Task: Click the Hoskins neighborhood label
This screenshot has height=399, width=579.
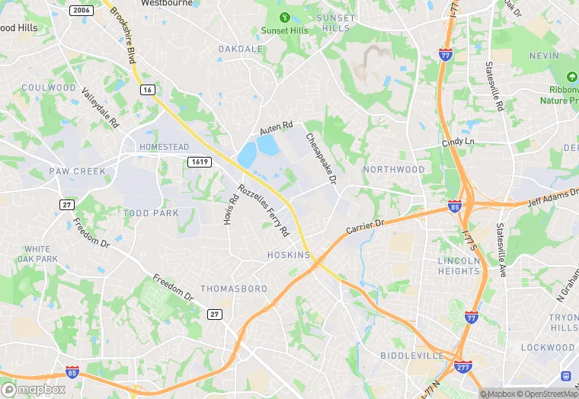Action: click(289, 255)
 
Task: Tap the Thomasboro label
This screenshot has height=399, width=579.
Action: click(234, 289)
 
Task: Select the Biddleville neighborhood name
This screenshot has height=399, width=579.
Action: click(411, 356)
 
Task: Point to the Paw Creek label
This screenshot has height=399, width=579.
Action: click(78, 171)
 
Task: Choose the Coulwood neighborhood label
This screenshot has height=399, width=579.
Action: click(49, 88)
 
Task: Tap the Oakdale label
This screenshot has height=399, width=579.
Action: click(240, 49)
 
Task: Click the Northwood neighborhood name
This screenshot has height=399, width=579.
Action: click(393, 169)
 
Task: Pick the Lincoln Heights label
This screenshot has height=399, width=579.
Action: click(459, 266)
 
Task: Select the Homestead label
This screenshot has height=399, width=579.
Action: click(164, 147)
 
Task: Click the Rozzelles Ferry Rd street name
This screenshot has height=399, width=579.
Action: click(263, 210)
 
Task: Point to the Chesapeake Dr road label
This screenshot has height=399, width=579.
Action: click(321, 159)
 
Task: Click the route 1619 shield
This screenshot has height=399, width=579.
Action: click(199, 161)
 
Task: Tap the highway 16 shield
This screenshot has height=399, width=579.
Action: click(147, 90)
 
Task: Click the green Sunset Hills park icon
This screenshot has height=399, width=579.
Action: click(285, 17)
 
